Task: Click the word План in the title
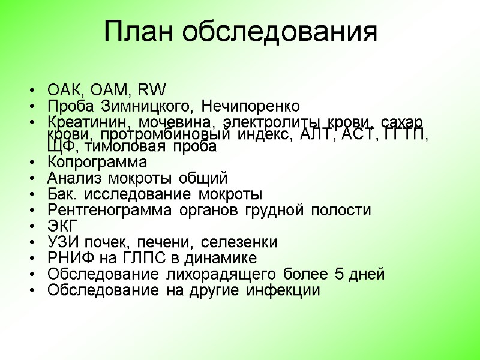[139, 32]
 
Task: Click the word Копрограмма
[97, 163]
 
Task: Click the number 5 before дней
[340, 275]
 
